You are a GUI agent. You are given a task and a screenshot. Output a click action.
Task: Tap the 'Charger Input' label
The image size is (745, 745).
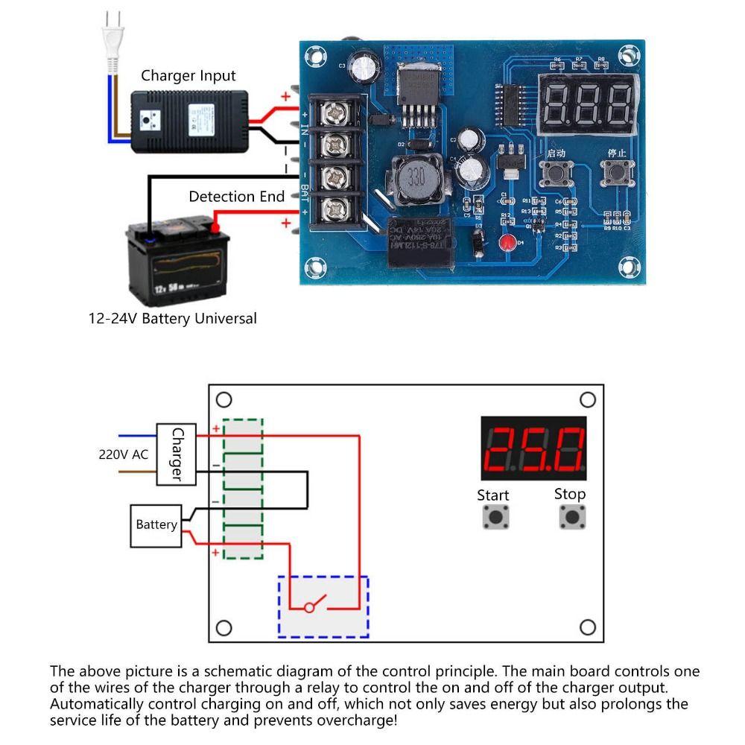click(188, 75)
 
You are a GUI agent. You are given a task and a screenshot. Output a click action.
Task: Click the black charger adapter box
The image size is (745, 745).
click(188, 122)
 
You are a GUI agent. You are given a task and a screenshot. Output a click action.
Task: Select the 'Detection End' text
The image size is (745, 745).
click(236, 197)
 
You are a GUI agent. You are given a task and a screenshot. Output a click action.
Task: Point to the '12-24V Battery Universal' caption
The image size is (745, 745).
click(172, 319)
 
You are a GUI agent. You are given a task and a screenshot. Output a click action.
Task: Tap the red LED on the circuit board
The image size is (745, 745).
click(507, 243)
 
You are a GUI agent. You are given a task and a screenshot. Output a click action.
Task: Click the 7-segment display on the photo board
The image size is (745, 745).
click(589, 102)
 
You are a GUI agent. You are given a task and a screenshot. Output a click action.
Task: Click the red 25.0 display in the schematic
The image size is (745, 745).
click(533, 448)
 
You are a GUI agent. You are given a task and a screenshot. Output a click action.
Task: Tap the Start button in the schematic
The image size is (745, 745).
click(493, 516)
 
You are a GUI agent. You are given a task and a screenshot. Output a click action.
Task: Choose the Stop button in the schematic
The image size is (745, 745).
click(571, 516)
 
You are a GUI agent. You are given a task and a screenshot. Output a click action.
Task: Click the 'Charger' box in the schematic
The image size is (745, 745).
click(177, 454)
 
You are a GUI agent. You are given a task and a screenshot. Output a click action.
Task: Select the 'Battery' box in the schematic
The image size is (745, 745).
click(156, 525)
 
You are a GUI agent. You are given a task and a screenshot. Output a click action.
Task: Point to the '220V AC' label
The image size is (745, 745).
click(124, 454)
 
